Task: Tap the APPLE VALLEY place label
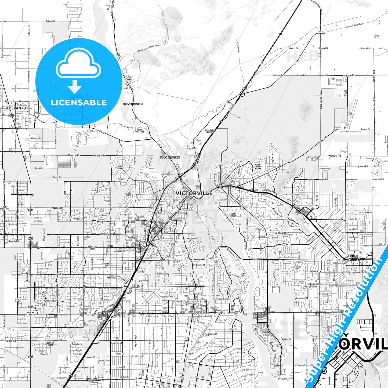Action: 352,258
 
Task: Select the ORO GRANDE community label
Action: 129,79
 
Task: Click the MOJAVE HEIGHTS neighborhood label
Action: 140,131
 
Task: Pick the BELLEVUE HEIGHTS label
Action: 210,131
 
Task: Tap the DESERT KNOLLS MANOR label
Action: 258,166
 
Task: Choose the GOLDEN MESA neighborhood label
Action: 128,194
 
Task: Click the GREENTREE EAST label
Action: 191,239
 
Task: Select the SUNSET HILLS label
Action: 298,268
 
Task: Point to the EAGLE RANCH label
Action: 18,300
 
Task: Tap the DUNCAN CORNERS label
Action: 31,313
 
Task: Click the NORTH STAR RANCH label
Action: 91,380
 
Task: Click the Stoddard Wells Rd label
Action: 353,26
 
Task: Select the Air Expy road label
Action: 100,131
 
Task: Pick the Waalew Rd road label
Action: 334,156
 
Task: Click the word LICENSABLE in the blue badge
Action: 79,102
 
